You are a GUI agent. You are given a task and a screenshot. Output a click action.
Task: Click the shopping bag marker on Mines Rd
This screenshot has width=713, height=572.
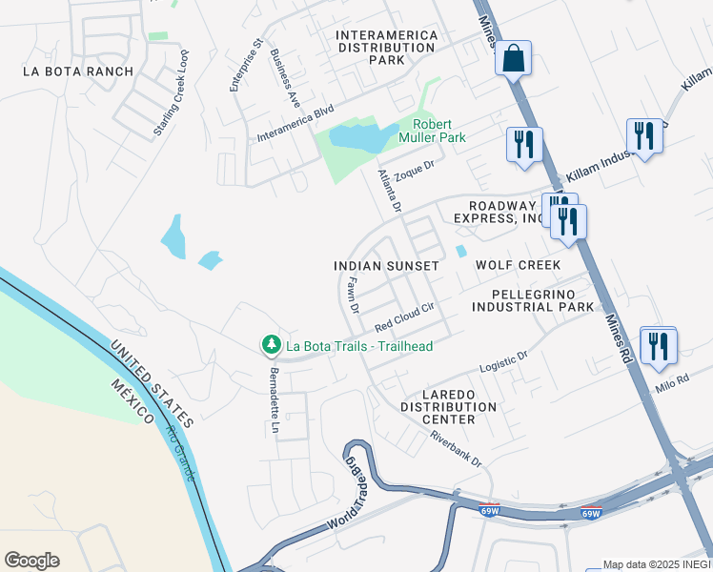pos(513,58)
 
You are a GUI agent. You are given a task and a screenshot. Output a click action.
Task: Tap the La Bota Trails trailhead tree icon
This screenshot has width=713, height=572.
pos(272,343)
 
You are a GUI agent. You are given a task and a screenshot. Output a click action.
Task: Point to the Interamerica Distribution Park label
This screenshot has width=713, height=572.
pos(388,48)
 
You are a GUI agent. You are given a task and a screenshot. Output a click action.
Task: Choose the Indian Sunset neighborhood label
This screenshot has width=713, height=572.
pos(386,265)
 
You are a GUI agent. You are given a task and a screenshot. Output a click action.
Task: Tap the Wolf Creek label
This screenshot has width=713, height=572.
pos(518,264)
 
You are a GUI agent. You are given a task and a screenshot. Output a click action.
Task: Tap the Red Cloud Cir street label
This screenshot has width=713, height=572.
pos(404,314)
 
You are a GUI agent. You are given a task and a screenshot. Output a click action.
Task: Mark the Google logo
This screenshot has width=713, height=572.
pos(31,561)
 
